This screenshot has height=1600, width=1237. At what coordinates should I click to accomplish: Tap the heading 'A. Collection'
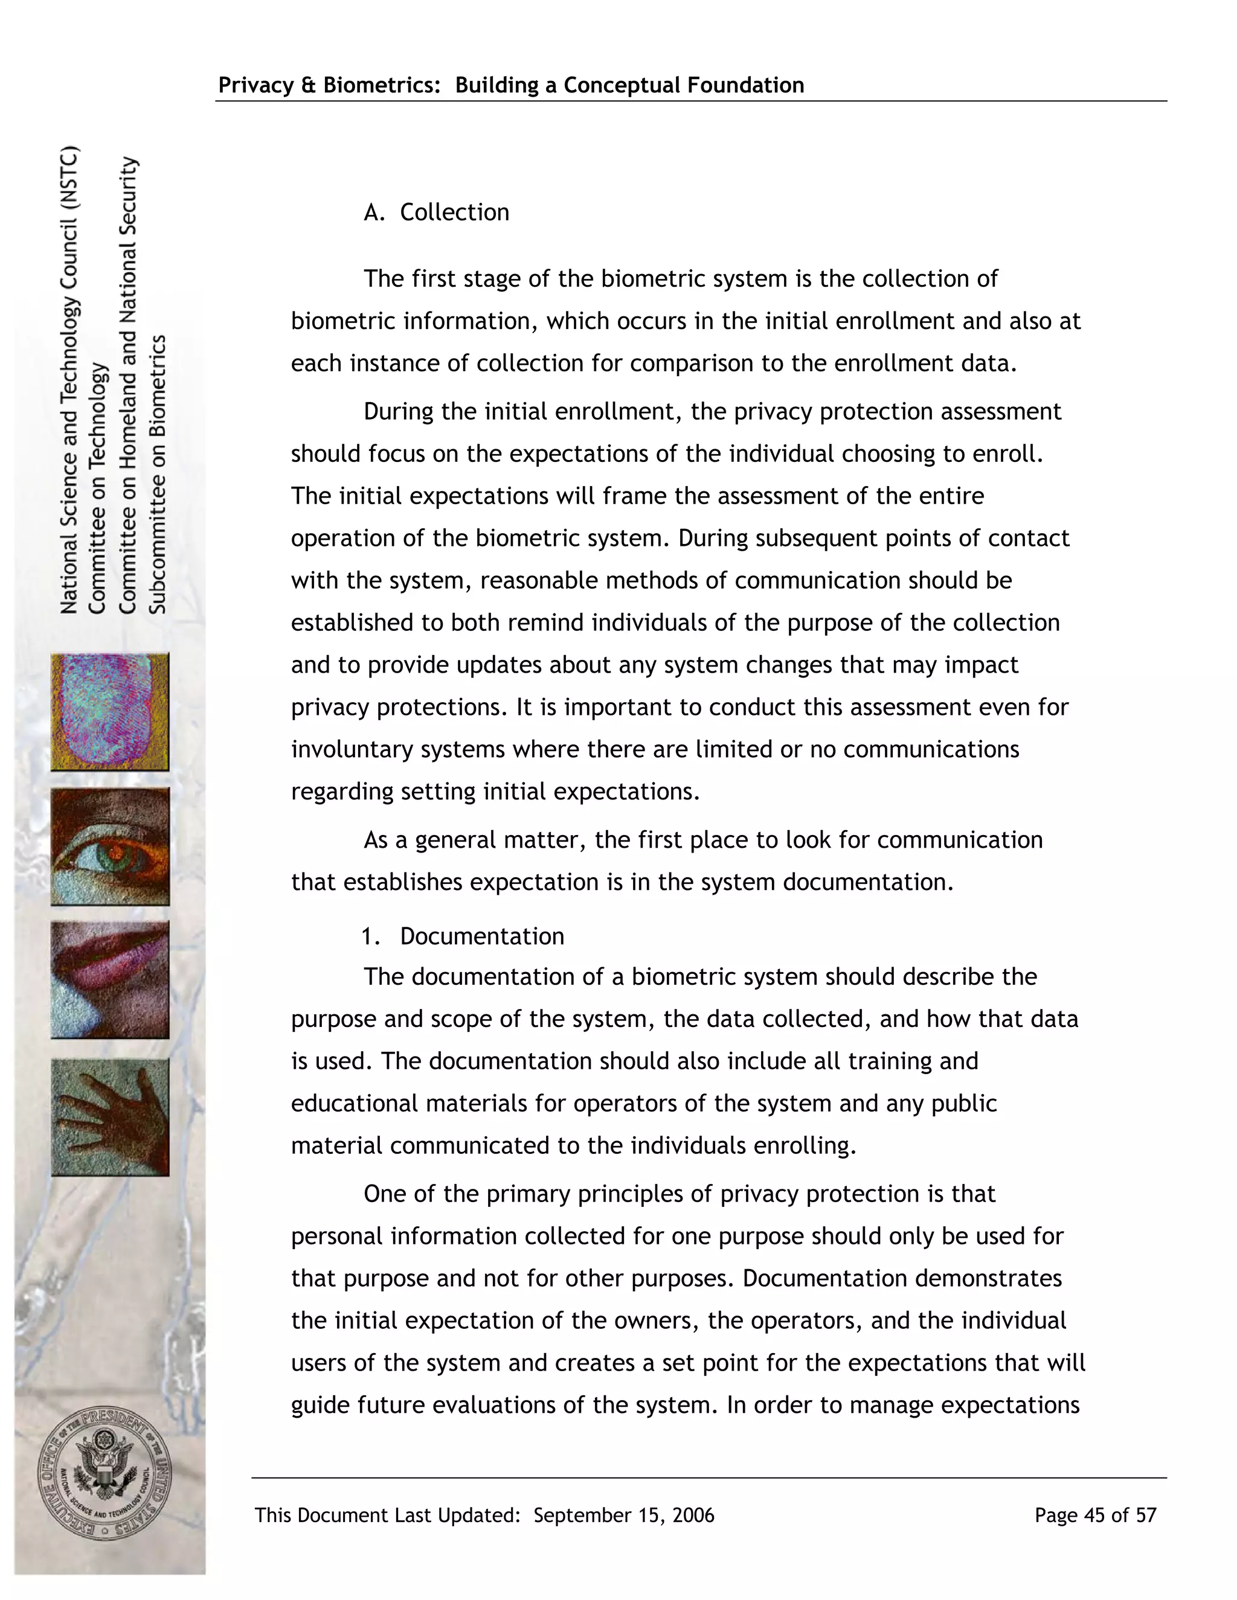coord(436,213)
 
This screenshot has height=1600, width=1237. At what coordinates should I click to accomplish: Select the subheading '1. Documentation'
coord(463,936)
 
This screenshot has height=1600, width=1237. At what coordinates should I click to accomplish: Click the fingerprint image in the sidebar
coord(110,712)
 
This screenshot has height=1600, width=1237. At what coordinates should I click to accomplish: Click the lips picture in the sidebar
coord(110,980)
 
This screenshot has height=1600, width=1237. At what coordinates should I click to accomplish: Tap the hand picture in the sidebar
coord(110,1117)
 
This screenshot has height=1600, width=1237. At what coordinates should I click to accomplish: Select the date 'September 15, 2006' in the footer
coord(623,1515)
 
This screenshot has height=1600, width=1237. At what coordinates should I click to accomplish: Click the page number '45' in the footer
coord(1094,1515)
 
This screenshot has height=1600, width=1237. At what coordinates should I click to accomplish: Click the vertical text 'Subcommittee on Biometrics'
coord(158,475)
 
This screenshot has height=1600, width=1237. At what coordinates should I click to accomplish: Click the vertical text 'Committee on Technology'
coord(98,488)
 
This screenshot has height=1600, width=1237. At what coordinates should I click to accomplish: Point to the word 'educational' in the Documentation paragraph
coord(355,1103)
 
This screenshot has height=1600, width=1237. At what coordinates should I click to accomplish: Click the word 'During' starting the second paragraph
coord(399,412)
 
